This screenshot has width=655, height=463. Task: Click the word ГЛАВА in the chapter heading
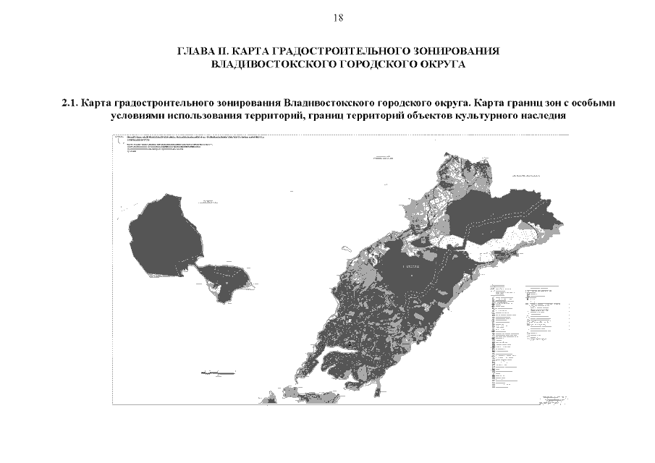(x=195, y=52)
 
